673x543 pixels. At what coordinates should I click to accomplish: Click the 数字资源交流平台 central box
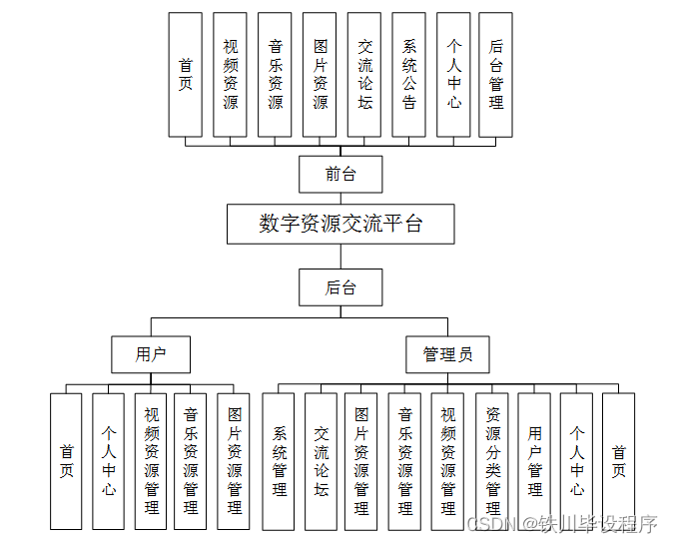[x=340, y=225]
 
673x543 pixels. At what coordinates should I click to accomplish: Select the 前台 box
[x=340, y=174]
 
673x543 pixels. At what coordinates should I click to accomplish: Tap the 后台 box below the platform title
[x=340, y=287]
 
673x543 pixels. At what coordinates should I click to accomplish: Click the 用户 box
[x=151, y=353]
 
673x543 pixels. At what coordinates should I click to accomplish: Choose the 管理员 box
[x=447, y=353]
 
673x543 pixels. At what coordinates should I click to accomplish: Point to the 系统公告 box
[x=409, y=75]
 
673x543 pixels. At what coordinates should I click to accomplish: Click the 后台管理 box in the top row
[x=495, y=75]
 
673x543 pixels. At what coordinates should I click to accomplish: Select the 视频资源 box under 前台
[x=231, y=75]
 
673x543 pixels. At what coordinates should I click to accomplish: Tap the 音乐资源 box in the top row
[x=275, y=75]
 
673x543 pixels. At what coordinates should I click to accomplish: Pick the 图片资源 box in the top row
[x=320, y=75]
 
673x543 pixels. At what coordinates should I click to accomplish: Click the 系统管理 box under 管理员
[x=279, y=461]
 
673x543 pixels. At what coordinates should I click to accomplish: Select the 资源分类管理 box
[x=492, y=461]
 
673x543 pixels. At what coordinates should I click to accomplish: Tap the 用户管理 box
[x=534, y=461]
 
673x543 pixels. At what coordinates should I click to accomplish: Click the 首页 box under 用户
[x=66, y=461]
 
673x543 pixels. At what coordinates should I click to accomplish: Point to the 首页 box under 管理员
[x=619, y=461]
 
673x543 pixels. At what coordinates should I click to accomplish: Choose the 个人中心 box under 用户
[x=109, y=461]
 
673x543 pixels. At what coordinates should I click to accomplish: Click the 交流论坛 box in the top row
[x=364, y=75]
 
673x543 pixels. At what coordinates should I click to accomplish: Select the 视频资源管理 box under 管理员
[x=448, y=461]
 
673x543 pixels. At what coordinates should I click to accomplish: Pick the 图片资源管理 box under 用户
[x=234, y=461]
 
